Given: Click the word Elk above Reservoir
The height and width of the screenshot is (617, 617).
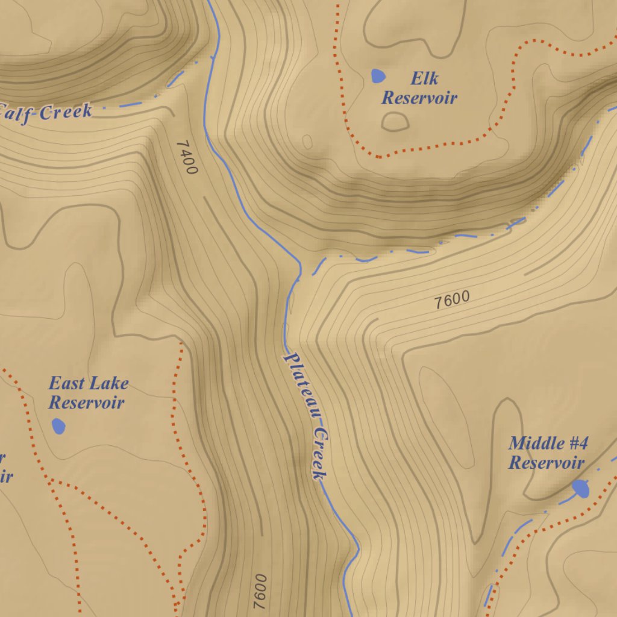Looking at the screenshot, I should (x=425, y=78).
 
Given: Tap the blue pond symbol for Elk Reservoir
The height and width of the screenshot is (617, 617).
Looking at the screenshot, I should (x=378, y=76).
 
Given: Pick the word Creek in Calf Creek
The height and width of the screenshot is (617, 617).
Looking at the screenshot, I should (x=67, y=111).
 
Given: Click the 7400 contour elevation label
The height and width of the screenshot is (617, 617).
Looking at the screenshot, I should (x=187, y=157).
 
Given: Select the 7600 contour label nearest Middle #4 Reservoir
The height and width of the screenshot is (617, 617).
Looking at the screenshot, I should (x=452, y=299).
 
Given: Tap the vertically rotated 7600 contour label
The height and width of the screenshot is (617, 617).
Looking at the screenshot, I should (x=260, y=590).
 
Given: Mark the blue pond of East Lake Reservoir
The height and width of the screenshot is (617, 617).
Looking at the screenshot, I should (x=58, y=426).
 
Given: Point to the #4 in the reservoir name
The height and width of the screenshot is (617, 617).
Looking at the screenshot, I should (x=577, y=443).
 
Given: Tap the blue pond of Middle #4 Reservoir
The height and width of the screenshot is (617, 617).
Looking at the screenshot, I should (x=581, y=488).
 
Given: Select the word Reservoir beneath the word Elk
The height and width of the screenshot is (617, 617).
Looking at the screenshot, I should (x=419, y=98).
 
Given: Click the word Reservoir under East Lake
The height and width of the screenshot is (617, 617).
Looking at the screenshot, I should (x=86, y=402).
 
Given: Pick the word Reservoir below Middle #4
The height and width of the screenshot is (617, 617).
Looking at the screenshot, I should (x=546, y=463).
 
